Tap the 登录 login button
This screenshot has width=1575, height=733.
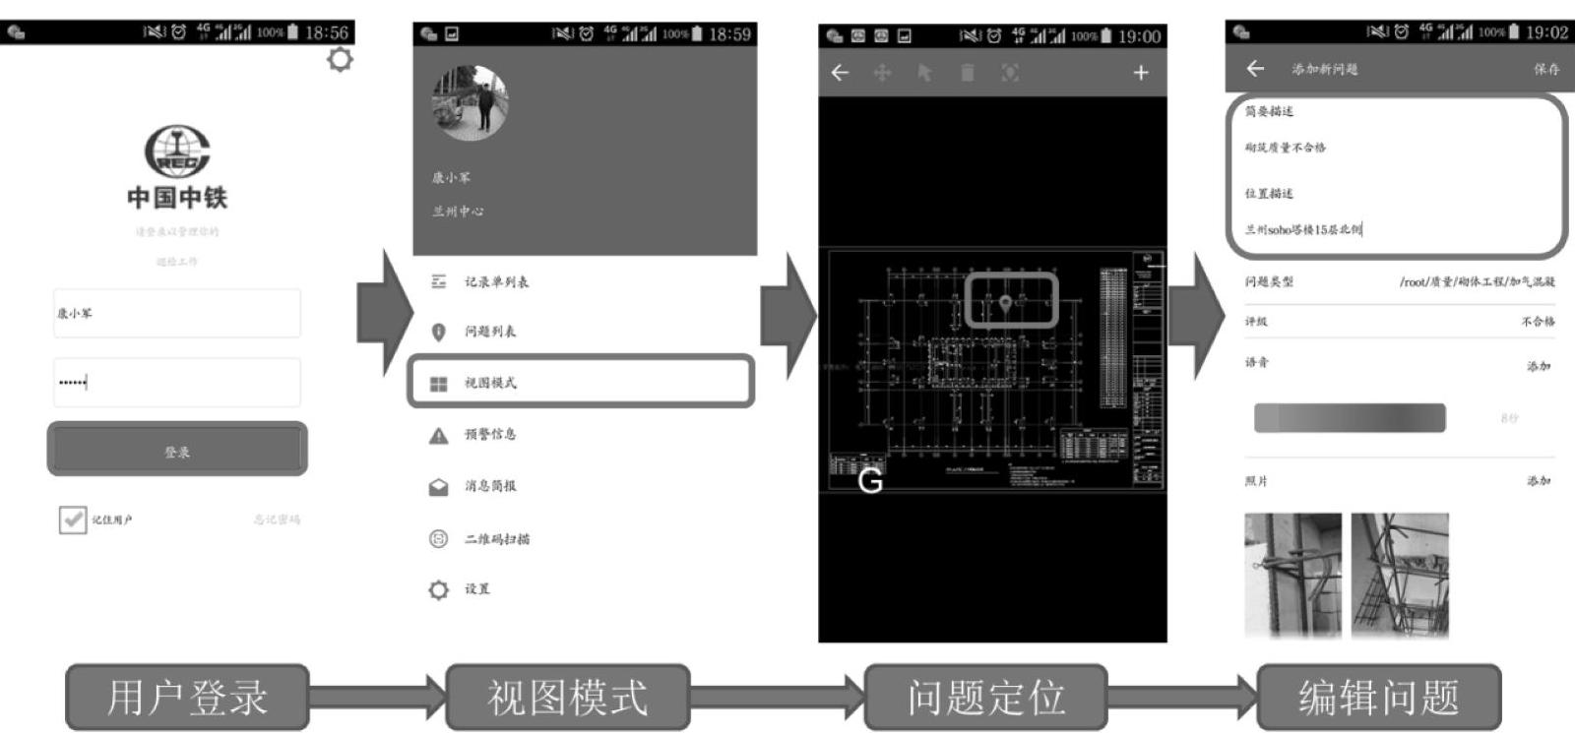pos(177,451)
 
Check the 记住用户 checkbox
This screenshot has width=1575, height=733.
pos(72,519)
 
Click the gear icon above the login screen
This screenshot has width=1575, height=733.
pos(340,59)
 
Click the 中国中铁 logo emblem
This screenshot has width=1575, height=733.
pos(177,152)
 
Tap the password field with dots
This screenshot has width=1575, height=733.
pos(177,382)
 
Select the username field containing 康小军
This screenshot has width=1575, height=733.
pos(177,313)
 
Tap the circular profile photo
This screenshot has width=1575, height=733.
pos(471,102)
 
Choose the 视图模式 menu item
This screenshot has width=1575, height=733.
pos(581,382)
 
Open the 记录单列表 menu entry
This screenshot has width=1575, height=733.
pos(496,281)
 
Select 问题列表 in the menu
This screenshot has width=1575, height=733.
pos(489,332)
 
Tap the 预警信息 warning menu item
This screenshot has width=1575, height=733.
pos(489,434)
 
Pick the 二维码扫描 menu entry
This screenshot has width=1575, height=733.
pos(496,538)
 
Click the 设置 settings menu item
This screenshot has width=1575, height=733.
pos(476,588)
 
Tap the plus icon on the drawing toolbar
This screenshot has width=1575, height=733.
pos(1140,72)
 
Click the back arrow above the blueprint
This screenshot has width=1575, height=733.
pos(840,72)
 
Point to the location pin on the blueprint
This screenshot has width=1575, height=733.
pos(1005,303)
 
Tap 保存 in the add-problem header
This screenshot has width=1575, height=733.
pos(1546,69)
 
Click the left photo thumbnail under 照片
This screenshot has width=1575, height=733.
pos(1292,575)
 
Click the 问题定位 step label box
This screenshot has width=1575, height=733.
pos(985,697)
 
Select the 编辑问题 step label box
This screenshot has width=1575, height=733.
pos(1378,697)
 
